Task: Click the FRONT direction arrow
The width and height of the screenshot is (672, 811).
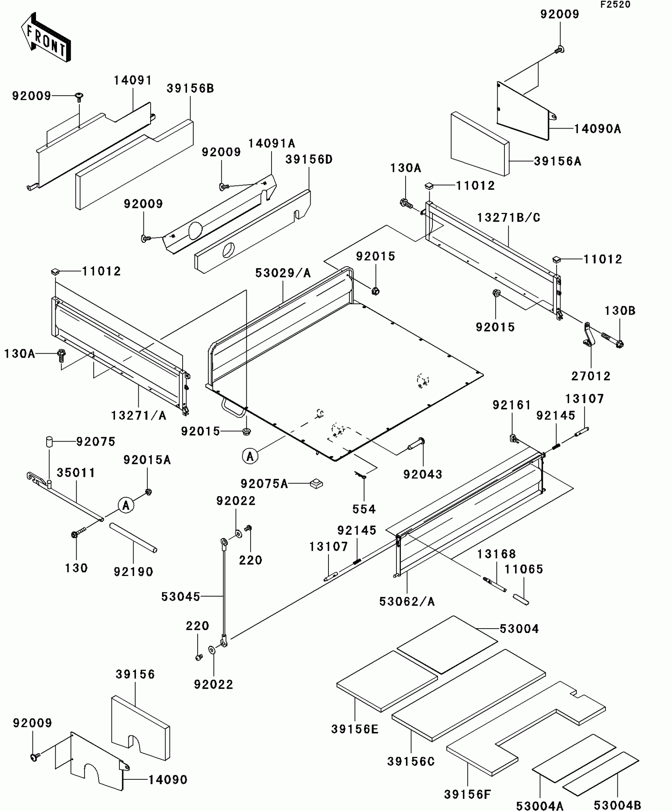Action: coord(46,38)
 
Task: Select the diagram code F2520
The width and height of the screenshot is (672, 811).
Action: coord(615,5)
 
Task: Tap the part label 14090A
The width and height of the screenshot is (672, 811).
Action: coord(597,129)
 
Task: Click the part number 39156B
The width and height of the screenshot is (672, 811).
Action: coord(190,89)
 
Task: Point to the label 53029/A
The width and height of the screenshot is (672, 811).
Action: coord(283,273)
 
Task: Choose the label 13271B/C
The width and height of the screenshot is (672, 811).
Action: coord(508,218)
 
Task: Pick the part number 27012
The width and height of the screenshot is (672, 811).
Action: coord(591,376)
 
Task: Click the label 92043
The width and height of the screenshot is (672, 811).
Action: coord(423,474)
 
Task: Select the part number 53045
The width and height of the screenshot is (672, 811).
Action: coord(181,597)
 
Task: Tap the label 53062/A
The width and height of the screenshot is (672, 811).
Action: coord(407,602)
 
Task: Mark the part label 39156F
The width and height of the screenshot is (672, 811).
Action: coord(467,794)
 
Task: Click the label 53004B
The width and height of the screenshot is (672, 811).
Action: coord(617,805)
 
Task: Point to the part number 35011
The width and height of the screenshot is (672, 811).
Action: coord(76,473)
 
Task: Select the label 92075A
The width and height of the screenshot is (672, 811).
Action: coord(264,483)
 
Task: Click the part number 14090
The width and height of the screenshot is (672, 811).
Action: coord(168,780)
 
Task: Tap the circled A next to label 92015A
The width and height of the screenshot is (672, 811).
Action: coord(126,505)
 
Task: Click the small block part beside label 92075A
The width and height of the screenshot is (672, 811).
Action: coord(316,483)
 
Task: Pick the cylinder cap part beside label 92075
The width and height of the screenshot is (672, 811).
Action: coord(49,442)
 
